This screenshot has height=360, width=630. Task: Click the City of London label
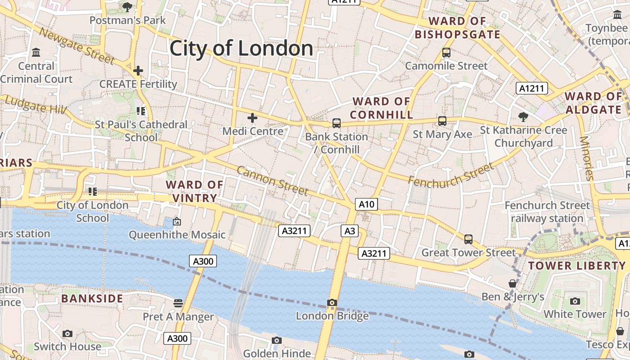click(241, 48)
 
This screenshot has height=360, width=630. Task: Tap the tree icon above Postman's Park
click(127, 7)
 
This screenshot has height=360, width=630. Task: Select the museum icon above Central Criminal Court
click(36, 53)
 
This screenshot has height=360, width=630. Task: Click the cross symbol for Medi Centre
click(252, 118)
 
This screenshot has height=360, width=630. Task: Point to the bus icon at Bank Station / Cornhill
click(336, 123)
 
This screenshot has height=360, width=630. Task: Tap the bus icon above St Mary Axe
click(442, 121)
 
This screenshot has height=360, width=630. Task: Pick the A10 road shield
click(366, 204)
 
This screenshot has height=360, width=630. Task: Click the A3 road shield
click(350, 231)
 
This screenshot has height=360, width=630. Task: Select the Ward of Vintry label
click(194, 191)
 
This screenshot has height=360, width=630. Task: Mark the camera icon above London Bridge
click(332, 302)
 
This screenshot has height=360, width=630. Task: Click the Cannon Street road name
click(272, 180)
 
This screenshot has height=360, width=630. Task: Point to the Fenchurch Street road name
click(450, 175)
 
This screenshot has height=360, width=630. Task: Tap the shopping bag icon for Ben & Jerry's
click(512, 283)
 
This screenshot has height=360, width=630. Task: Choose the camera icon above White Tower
click(575, 301)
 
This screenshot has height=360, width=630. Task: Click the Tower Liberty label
click(577, 265)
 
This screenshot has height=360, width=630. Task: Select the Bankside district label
click(92, 298)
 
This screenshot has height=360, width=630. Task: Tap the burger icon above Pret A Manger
click(178, 303)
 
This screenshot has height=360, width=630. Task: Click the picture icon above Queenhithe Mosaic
click(177, 221)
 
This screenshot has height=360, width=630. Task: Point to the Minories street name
click(587, 158)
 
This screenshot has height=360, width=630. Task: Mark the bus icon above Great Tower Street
click(468, 239)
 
